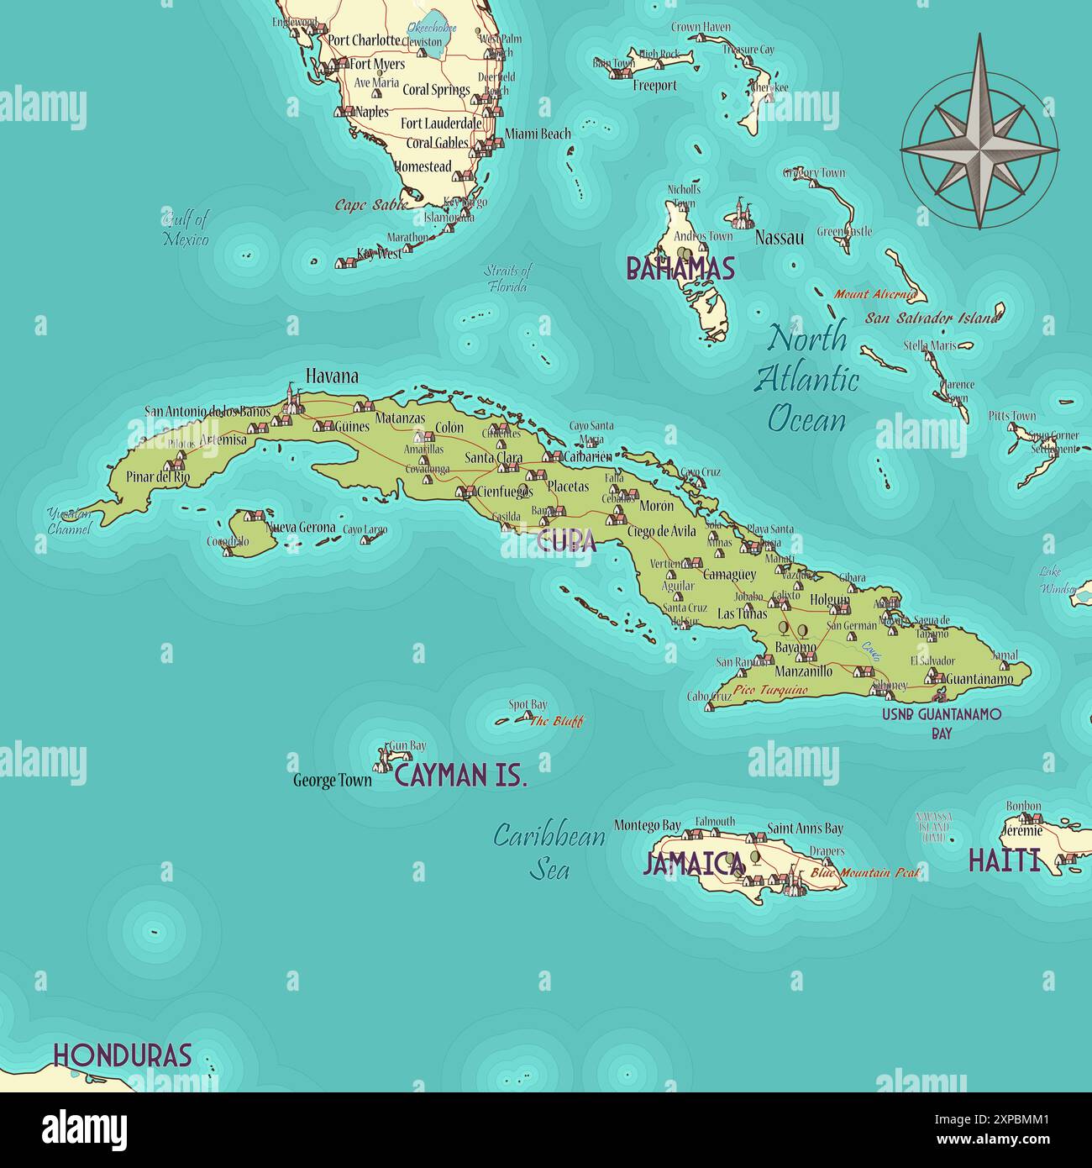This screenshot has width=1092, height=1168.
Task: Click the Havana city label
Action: pyautogui.click(x=332, y=376)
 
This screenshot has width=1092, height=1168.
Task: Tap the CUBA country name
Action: pyautogui.click(x=566, y=541)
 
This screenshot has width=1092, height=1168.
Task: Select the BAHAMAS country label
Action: pyautogui.click(x=680, y=269)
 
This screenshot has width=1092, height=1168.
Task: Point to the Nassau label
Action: pyautogui.click(x=779, y=238)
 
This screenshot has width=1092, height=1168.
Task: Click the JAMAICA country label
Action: pyautogui.click(x=694, y=863)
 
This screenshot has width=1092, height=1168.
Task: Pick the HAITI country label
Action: pyautogui.click(x=1004, y=860)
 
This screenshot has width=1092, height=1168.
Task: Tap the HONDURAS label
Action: pyautogui.click(x=123, y=1055)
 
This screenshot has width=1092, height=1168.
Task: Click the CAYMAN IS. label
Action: pyautogui.click(x=460, y=776)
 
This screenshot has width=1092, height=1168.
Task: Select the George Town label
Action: pyautogui.click(x=332, y=781)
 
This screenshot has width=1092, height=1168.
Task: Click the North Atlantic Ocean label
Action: pyautogui.click(x=807, y=378)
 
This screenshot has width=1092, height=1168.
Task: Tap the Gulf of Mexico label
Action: pyautogui.click(x=186, y=229)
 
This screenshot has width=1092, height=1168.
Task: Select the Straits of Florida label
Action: pyautogui.click(x=507, y=278)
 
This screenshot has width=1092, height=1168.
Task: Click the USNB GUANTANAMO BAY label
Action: pyautogui.click(x=942, y=723)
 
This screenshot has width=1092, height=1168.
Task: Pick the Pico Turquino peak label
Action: pyautogui.click(x=770, y=690)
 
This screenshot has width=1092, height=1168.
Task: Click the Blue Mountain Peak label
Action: pyautogui.click(x=865, y=873)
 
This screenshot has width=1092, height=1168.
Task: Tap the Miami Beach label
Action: pyautogui.click(x=538, y=134)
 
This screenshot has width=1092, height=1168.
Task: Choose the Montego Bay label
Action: pyautogui.click(x=647, y=826)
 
